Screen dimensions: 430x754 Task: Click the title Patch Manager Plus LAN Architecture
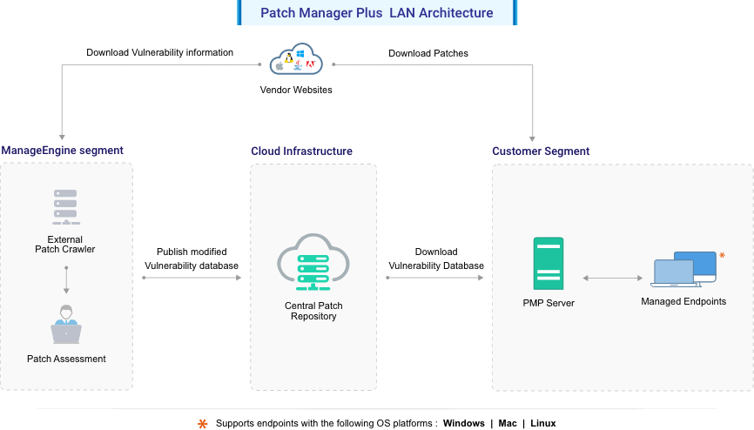pos(377,13)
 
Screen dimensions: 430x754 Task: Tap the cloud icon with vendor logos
pos(296,62)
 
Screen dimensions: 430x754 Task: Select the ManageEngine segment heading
pos(62,151)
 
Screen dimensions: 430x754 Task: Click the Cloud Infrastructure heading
pos(301,151)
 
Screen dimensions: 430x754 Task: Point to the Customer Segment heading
pos(541,151)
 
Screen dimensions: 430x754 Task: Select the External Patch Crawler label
pos(65,245)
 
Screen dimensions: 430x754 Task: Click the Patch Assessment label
pos(66,359)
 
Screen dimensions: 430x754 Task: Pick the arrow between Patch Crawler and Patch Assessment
pos(66,279)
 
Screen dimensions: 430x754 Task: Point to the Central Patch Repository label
pos(313,311)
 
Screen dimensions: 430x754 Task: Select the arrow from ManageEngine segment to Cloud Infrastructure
pos(191,278)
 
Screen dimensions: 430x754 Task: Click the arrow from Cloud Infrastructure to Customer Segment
pos(434,278)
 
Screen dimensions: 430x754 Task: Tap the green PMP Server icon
pos(549,264)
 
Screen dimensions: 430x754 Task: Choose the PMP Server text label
pos(549,303)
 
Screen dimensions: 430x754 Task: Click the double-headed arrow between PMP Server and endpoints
pos(612,278)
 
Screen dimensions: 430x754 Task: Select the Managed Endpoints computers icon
pos(683,270)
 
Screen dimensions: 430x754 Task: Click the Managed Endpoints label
pos(683,302)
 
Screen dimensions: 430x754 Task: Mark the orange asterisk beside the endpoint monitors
pos(722,255)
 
